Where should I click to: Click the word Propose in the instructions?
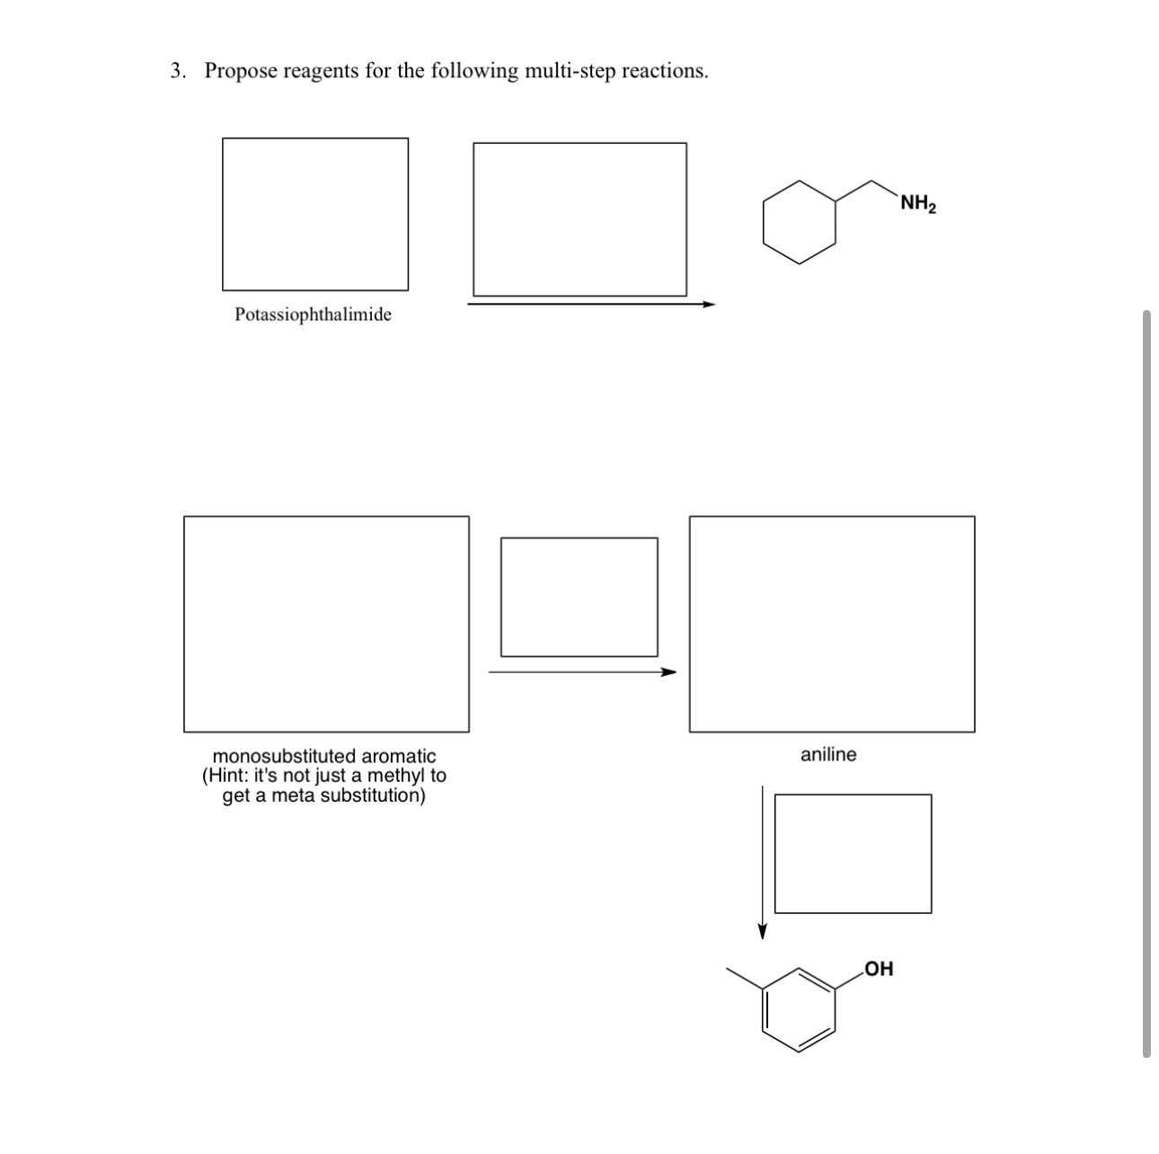[x=240, y=71]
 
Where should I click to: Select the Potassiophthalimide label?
[x=313, y=315]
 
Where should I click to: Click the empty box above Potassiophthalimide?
[x=314, y=214]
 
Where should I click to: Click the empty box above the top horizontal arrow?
[x=579, y=218]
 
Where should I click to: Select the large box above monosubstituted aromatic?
[x=326, y=624]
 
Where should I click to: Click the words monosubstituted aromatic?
[x=323, y=756]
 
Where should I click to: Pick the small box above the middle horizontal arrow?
[x=579, y=597]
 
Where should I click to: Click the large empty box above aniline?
[x=831, y=624]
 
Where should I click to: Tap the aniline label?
[x=828, y=755]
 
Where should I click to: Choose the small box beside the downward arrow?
[x=853, y=853]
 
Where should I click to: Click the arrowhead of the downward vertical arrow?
[x=762, y=930]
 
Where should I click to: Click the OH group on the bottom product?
[x=878, y=969]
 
